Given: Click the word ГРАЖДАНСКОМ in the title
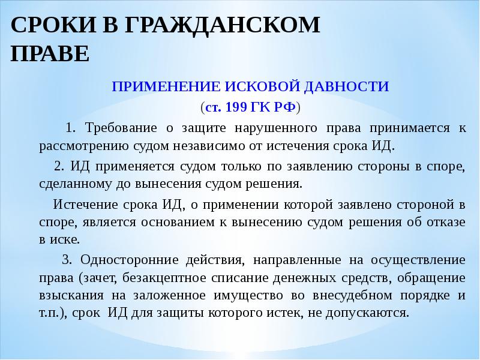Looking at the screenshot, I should (223, 26).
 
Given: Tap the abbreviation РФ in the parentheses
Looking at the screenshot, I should (284, 107).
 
